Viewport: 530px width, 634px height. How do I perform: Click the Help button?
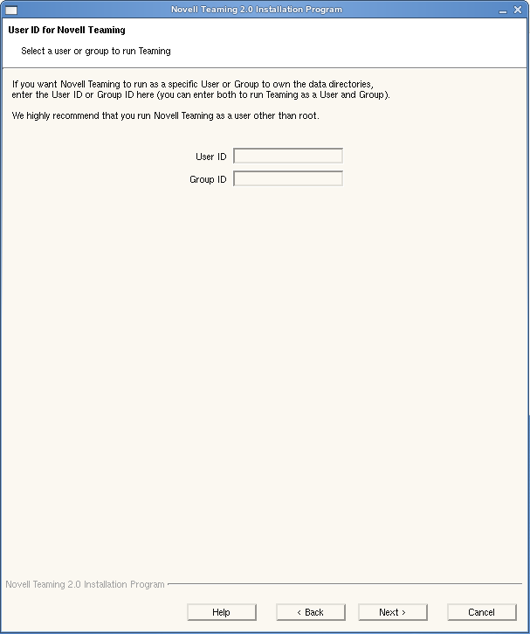click(222, 612)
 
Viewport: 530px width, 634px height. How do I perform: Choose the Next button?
click(392, 612)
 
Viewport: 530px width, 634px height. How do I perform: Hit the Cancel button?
click(481, 612)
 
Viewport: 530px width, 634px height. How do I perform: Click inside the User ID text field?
click(288, 157)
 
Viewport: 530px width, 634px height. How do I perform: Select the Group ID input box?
click(288, 179)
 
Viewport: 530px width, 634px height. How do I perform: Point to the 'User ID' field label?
click(211, 157)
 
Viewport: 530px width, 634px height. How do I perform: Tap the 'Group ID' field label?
click(208, 179)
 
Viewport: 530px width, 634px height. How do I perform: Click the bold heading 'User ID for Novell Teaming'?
click(66, 30)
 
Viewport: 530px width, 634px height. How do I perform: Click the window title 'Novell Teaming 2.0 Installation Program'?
click(257, 10)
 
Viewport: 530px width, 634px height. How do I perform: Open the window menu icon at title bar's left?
click(10, 10)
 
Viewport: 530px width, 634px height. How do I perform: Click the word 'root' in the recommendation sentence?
click(308, 116)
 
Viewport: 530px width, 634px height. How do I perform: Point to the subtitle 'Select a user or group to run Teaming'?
click(96, 52)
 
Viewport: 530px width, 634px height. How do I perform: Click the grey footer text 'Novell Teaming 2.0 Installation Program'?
click(85, 584)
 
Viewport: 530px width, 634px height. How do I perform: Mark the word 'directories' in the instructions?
click(348, 84)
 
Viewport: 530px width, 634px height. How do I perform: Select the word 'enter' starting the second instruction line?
click(24, 94)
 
